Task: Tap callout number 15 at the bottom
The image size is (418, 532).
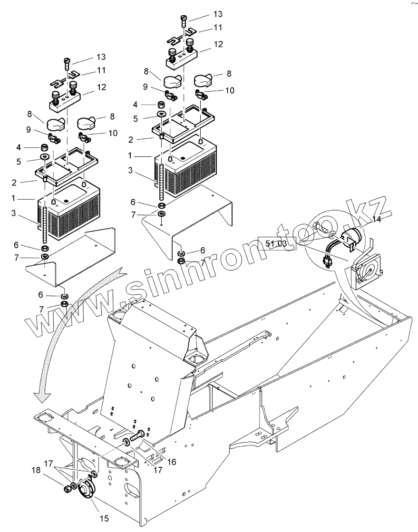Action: point(104,518)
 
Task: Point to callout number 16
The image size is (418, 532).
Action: point(171,462)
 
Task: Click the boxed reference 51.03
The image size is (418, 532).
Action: point(275,243)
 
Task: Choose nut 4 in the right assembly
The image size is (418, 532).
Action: point(161,104)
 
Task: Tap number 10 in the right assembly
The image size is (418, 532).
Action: point(229,90)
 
